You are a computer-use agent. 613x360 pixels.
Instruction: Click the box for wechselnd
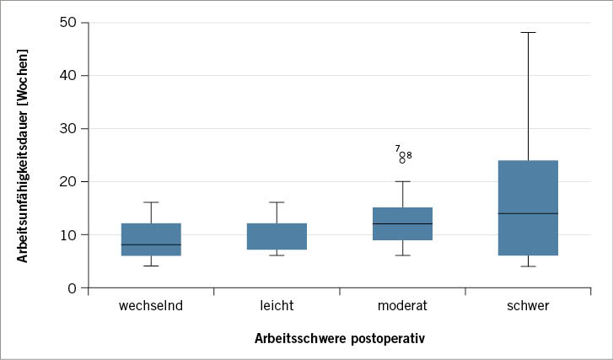[x=151, y=239]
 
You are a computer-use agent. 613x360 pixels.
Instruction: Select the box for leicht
[x=277, y=236]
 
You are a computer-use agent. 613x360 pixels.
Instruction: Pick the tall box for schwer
[x=528, y=207]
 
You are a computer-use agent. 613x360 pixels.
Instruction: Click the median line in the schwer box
[x=528, y=213]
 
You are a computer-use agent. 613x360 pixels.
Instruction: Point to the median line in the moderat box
[x=402, y=223]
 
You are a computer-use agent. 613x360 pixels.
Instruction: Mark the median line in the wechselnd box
[x=151, y=244]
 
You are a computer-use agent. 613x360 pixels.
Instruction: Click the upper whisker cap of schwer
[x=528, y=32]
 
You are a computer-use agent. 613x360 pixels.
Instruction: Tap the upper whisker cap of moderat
[x=402, y=181]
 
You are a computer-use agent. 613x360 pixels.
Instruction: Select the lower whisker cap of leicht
[x=277, y=255]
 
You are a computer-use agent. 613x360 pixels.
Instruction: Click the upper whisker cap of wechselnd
[x=151, y=202]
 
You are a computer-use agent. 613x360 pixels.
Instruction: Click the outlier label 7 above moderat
[x=397, y=148]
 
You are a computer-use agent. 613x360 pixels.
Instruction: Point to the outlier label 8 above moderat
[x=409, y=155]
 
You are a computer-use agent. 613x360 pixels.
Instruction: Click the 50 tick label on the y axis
[x=67, y=21]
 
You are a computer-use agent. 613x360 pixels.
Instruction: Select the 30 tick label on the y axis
[x=67, y=128]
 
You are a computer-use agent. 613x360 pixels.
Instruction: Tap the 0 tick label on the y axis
[x=72, y=287]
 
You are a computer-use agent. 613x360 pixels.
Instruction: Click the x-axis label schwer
[x=528, y=306]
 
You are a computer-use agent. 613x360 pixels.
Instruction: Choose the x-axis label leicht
[x=277, y=306]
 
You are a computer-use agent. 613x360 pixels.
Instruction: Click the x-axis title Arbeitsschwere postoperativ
[x=339, y=339]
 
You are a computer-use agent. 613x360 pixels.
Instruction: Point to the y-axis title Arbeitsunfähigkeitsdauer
[x=23, y=156]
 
